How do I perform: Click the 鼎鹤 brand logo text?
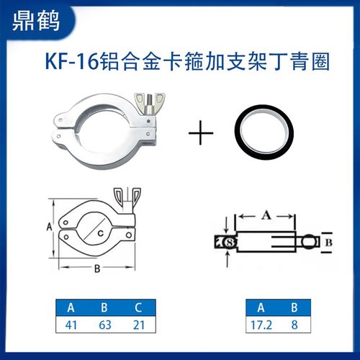click(x=35, y=21)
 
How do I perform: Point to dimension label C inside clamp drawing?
click(x=101, y=231)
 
